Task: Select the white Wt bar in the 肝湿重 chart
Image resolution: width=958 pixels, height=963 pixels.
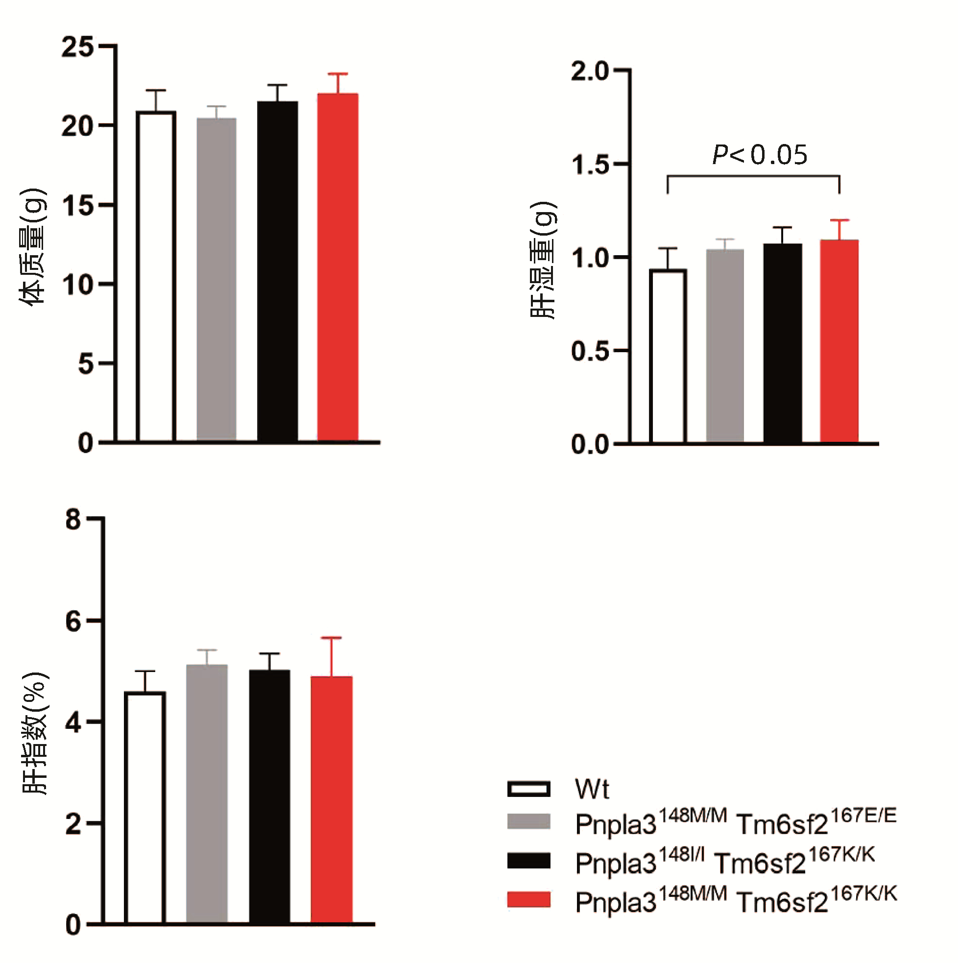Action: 668,356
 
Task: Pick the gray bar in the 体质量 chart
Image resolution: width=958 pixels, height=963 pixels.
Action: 216,279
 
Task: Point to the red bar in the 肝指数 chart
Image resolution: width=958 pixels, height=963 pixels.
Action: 332,799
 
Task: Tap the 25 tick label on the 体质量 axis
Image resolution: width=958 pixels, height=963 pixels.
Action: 77,48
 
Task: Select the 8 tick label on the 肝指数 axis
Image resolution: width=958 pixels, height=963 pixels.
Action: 73,520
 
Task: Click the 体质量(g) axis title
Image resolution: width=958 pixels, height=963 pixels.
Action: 33,247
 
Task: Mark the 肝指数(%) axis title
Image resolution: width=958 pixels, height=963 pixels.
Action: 35,733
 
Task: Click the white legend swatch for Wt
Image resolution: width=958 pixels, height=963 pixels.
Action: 528,789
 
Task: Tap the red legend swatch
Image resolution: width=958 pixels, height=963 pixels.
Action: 528,900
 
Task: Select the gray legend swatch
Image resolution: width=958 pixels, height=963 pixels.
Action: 528,821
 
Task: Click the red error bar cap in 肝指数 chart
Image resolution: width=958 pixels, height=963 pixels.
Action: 332,638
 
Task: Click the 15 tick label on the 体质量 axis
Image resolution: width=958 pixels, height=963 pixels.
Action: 77,205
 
